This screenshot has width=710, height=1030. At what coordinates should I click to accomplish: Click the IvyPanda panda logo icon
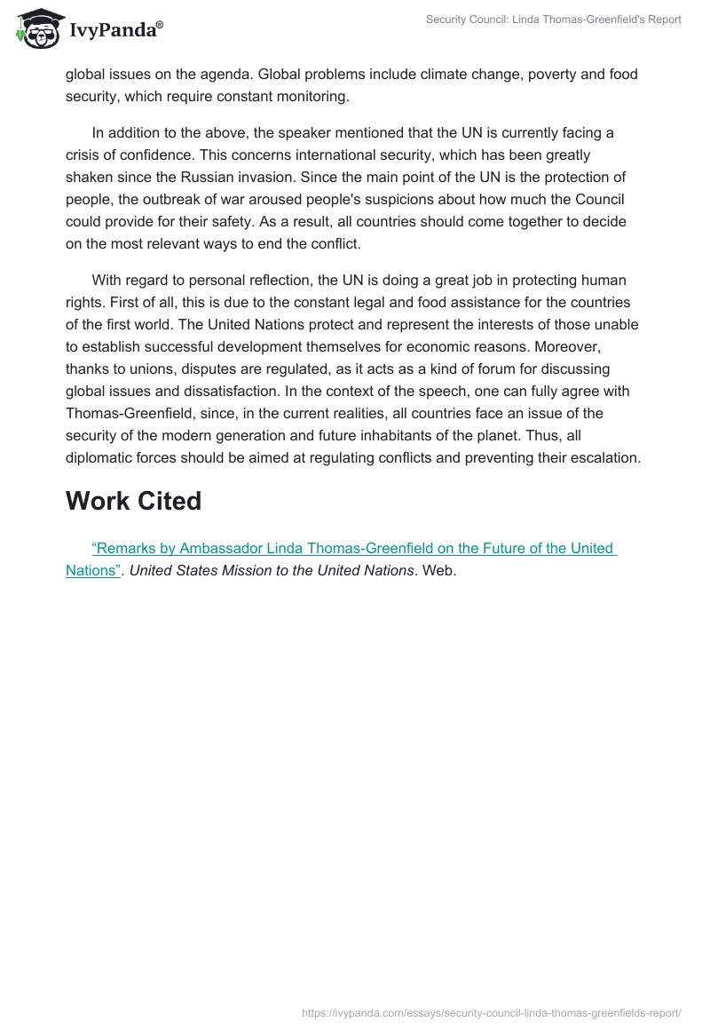(x=36, y=30)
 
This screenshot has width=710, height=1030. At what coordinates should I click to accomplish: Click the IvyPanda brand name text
(x=115, y=32)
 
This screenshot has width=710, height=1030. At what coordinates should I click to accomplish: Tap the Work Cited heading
(x=133, y=501)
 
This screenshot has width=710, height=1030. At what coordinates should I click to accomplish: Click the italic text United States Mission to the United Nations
(x=272, y=570)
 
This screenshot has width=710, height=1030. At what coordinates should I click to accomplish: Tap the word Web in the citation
(x=438, y=570)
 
